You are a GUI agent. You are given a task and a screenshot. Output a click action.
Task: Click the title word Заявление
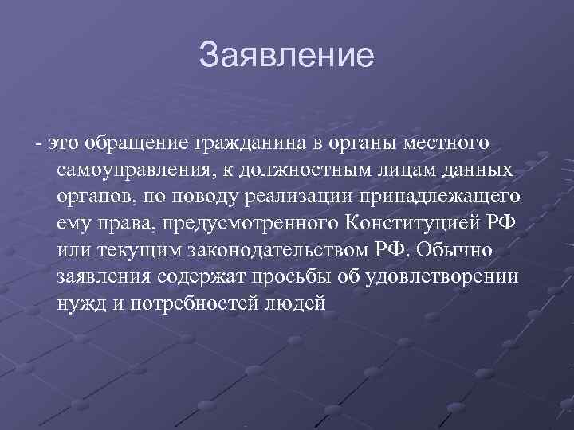point(286,55)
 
